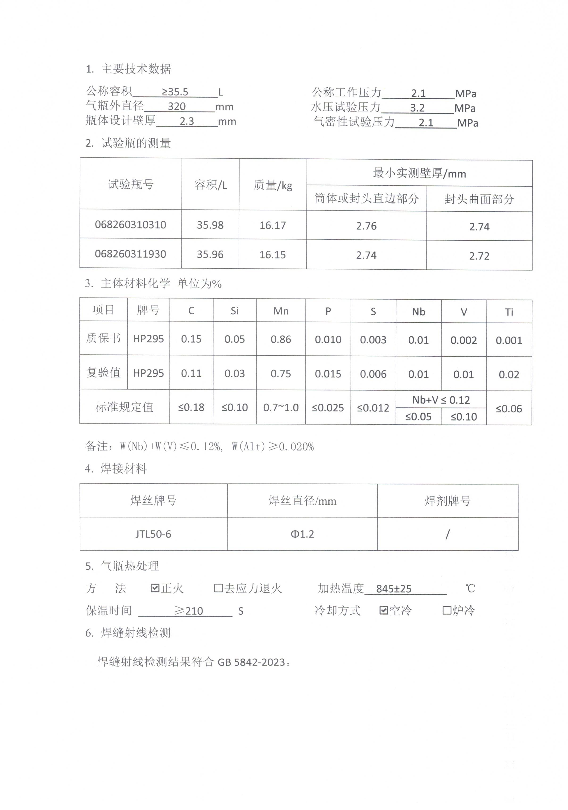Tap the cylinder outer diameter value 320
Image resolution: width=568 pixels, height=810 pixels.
177,107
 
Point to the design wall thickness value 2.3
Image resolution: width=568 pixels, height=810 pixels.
187,121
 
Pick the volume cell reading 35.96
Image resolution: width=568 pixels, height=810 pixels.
210,254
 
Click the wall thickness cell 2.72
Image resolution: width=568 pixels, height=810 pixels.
479,256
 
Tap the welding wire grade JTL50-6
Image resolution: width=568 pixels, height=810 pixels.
153,534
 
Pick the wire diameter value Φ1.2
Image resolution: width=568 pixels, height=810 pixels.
302,534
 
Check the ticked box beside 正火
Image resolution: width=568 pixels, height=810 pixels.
155,588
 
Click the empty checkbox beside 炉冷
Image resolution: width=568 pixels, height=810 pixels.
447,610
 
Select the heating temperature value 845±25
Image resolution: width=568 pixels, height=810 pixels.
394,589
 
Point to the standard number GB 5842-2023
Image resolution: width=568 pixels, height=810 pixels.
251,662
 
